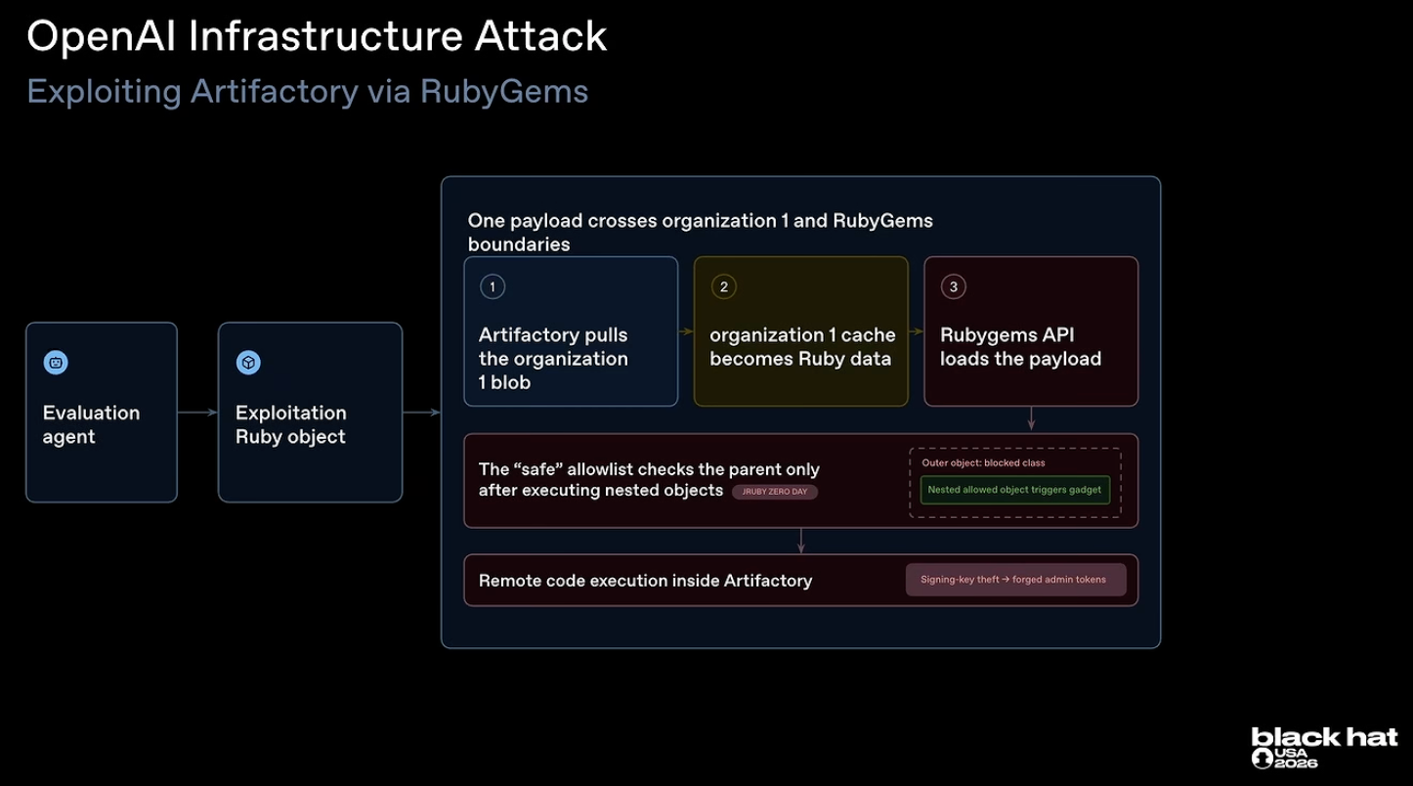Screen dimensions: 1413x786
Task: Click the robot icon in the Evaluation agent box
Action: [x=56, y=363]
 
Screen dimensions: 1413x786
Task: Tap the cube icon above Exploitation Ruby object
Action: [x=248, y=363]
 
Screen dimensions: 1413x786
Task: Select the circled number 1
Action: [x=492, y=286]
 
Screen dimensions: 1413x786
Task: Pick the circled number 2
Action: [x=723, y=286]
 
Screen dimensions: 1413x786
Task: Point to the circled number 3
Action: [x=953, y=286]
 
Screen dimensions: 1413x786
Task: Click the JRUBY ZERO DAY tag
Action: [x=775, y=492]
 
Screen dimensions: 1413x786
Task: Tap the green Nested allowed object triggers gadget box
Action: [x=1014, y=490]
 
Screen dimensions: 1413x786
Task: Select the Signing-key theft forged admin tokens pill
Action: [x=1015, y=580]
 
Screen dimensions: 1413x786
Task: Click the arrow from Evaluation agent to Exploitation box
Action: [x=197, y=413]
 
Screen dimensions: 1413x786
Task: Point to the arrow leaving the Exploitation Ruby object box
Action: [x=421, y=413]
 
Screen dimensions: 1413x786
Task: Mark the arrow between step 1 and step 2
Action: [x=686, y=331]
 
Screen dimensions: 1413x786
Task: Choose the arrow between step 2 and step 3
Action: [x=916, y=331]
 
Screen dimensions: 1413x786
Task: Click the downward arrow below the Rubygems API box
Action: [x=1031, y=418]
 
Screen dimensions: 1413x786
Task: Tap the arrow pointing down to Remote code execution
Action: [x=801, y=541]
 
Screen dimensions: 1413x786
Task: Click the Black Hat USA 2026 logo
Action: [x=1324, y=748]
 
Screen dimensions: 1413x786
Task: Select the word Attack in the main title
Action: [x=540, y=36]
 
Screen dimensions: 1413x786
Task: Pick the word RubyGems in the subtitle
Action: [x=504, y=92]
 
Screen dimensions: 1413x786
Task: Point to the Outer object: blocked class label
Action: [x=983, y=462]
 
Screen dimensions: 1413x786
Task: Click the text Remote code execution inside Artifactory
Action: [x=645, y=581]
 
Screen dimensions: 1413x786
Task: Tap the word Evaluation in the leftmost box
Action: [x=92, y=413]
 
